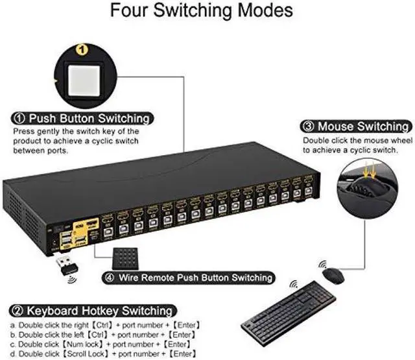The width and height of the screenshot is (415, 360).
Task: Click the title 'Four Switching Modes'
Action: pos(201,11)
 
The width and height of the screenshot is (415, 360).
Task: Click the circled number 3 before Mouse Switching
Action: pos(307,126)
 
